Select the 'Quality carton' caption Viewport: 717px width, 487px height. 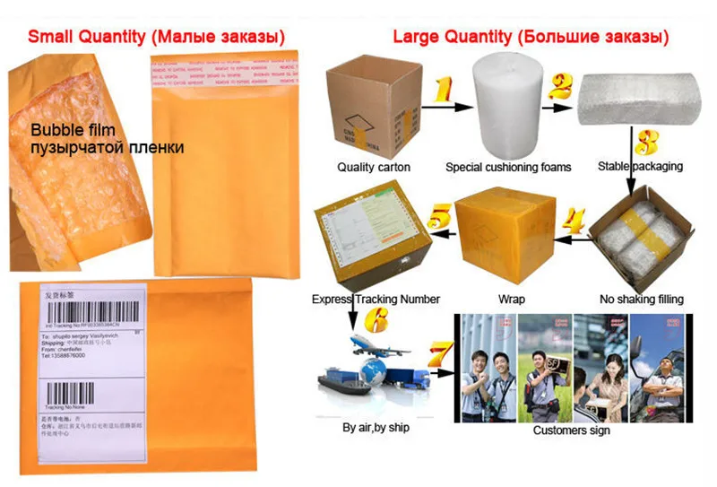pos(373,167)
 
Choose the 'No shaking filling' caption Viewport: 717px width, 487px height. pos(641,299)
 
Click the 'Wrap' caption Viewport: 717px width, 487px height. pos(512,299)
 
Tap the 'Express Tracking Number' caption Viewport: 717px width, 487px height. pos(376,299)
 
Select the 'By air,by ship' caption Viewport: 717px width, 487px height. pos(376,428)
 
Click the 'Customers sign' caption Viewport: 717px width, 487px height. pos(572,430)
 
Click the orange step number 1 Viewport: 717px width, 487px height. pos(443,90)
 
